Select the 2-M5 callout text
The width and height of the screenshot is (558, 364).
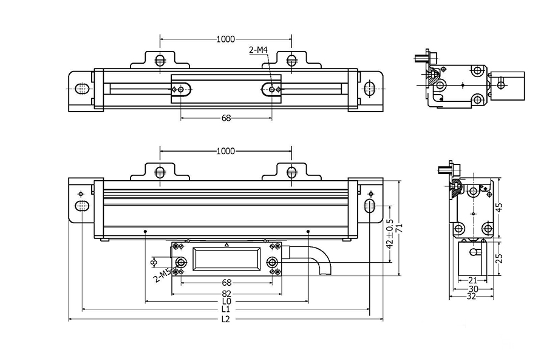[162, 276]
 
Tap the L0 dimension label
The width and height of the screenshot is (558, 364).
[226, 301]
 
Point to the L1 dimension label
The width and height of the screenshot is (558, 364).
[226, 309]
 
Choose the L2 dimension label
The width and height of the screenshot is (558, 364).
[226, 318]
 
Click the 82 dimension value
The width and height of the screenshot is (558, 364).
[226, 292]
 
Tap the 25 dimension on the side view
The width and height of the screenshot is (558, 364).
[499, 257]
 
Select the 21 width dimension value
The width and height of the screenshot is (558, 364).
[472, 280]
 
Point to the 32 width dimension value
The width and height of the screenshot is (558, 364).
[472, 297]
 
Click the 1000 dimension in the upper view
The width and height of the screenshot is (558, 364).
[225, 39]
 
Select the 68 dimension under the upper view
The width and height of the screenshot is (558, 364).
[226, 118]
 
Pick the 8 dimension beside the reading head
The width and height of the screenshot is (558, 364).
[154, 261]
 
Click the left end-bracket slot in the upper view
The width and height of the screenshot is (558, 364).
[81, 89]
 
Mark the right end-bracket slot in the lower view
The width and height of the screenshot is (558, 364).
[369, 205]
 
